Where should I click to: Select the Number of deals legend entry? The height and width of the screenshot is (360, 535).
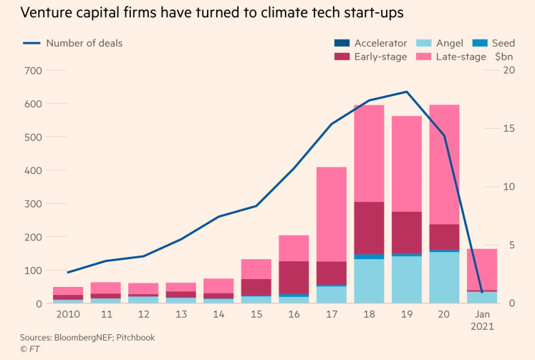point(84,43)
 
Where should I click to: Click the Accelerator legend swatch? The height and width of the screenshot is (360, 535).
point(342,43)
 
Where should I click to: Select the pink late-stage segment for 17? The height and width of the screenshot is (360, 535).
point(331,215)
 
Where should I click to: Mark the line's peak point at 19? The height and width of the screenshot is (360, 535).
point(407,92)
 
